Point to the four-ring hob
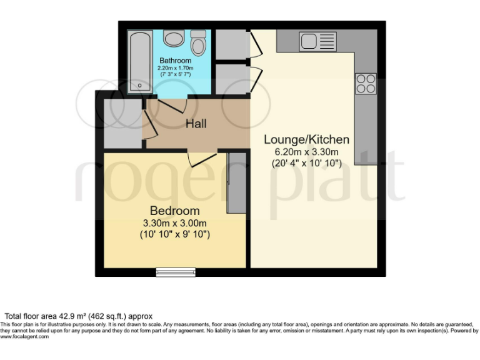tap(366, 83)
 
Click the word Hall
tap(196, 124)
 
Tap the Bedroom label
tap(174, 211)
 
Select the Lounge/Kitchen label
tap(306, 139)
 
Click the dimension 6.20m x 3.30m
tap(306, 152)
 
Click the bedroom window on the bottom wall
tap(175, 272)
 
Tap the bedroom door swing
tap(201, 159)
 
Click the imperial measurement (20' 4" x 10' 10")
tap(306, 164)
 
